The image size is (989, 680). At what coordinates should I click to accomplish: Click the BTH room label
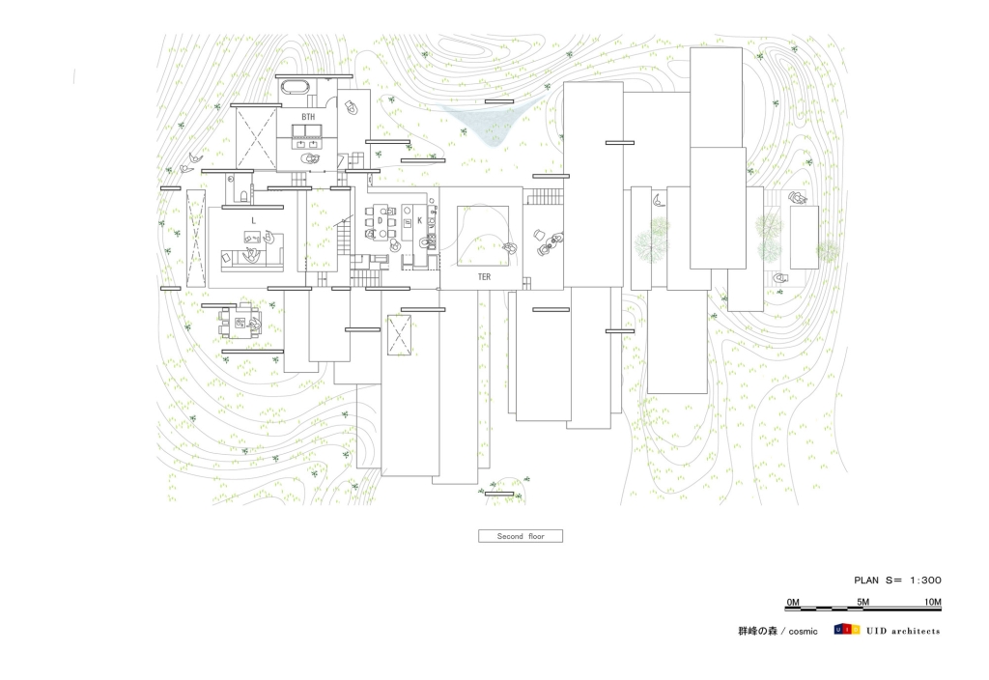[x=308, y=117]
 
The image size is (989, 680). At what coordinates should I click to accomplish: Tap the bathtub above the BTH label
[x=294, y=87]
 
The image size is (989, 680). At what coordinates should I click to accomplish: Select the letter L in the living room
[x=254, y=221]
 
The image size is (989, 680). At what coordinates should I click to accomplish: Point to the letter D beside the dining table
[x=381, y=221]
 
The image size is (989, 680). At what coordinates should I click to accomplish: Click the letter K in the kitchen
[x=419, y=221]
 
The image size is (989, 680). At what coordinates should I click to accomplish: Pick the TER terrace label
[x=484, y=277]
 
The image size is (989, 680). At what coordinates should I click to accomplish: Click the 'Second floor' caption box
[x=521, y=536]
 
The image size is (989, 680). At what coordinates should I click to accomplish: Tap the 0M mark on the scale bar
[x=793, y=602]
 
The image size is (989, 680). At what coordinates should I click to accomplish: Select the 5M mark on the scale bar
[x=862, y=602]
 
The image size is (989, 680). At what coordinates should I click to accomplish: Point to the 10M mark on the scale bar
[x=933, y=602]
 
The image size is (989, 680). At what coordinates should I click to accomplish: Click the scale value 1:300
[x=925, y=581]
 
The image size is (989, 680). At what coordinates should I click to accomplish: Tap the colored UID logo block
[x=846, y=630]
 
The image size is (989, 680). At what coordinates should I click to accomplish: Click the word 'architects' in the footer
[x=915, y=631]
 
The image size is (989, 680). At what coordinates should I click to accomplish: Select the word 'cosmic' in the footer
[x=803, y=632]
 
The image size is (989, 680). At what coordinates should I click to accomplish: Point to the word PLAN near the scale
[x=866, y=581]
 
